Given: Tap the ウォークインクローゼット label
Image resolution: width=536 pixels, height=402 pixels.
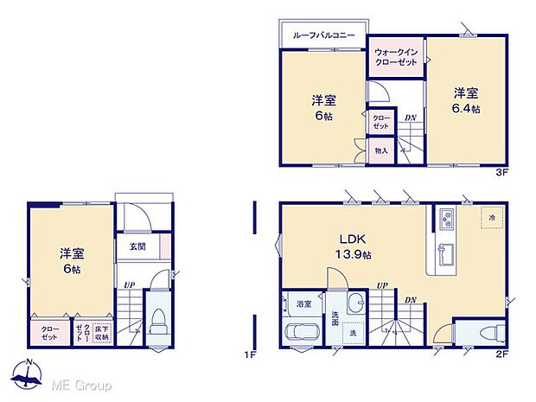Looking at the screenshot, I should coord(396,58).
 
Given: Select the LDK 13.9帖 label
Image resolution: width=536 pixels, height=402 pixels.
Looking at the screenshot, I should coord(354,247).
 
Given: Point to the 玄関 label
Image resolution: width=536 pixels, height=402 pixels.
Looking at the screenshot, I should coord(137,246).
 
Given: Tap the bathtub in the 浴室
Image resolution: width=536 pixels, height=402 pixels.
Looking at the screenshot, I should coord(301,332).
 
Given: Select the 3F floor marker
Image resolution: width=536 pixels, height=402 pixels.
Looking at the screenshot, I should coord(500,173).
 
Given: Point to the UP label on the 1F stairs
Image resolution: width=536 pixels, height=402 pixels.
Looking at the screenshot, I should coord(129,284).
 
